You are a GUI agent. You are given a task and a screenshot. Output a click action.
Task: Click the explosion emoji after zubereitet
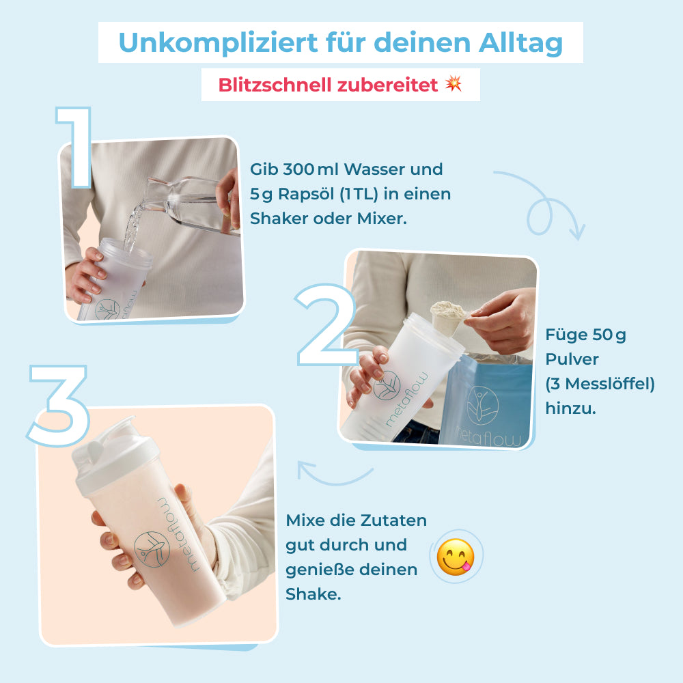coord(454,84)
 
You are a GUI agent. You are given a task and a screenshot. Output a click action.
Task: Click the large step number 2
coord(326,326)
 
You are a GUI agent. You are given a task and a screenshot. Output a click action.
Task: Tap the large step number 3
coord(60,403)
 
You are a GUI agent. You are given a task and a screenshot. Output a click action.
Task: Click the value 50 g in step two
coord(609,335)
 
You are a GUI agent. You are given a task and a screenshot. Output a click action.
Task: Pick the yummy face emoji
coord(456,556)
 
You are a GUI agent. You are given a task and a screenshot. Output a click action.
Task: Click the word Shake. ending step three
coord(313,594)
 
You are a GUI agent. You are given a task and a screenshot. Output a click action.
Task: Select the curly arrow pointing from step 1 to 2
coord(540,205)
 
